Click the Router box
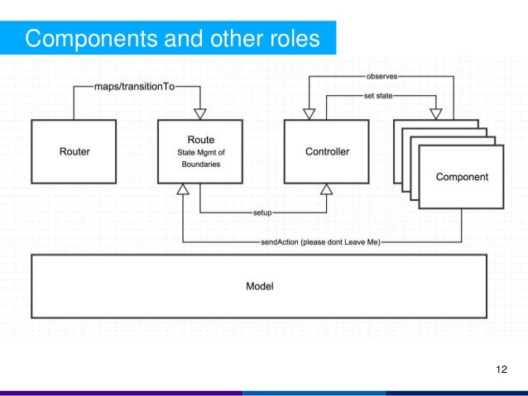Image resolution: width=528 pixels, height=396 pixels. click(x=74, y=151)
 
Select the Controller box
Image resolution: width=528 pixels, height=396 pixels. click(x=328, y=151)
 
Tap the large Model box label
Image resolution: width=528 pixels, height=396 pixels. click(x=259, y=287)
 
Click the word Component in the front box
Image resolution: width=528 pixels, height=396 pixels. click(x=462, y=177)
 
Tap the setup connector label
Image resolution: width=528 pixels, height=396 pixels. click(x=262, y=212)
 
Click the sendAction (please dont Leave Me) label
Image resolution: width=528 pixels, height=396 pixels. click(x=320, y=242)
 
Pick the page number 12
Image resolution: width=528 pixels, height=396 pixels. click(x=501, y=368)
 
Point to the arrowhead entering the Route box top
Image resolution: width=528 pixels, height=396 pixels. click(x=199, y=113)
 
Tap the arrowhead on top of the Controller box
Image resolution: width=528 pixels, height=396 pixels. click(x=308, y=113)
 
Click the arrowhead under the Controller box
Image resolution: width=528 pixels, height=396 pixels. click(x=327, y=189)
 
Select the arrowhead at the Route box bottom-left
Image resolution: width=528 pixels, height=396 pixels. click(x=182, y=189)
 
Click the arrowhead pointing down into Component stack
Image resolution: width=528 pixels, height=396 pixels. click(x=435, y=113)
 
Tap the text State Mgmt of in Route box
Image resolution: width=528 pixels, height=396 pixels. click(x=199, y=151)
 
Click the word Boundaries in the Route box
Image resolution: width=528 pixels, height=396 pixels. click(x=199, y=165)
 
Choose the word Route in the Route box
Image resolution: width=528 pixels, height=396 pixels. click(x=199, y=138)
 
